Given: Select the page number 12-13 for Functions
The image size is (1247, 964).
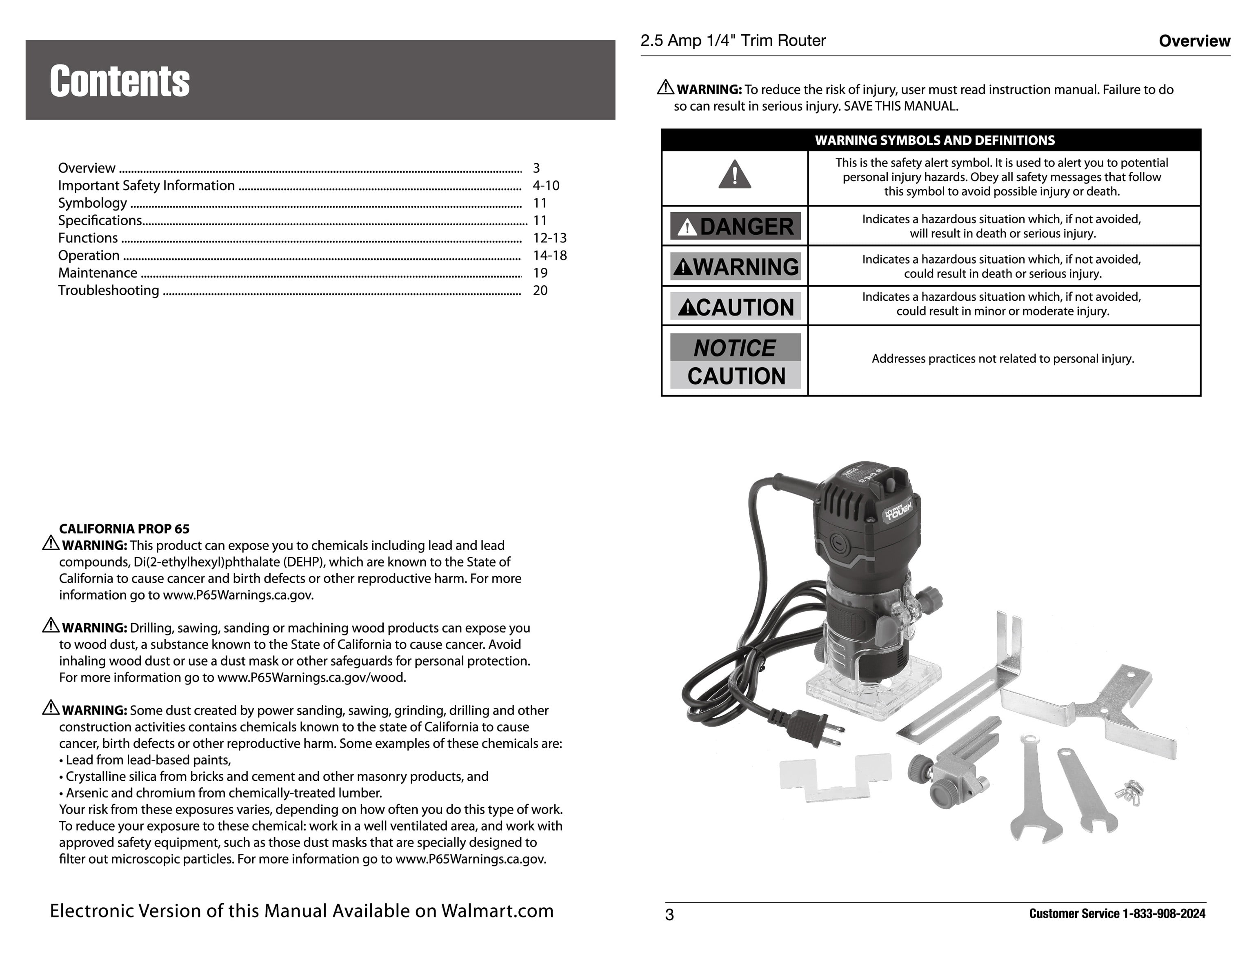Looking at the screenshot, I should pos(549,238).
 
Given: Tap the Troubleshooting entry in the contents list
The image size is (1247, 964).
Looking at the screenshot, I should pos(109,291).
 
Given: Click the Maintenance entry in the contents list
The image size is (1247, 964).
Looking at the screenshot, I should pos(98,273).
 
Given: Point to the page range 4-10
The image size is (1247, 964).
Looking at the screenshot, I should pos(546,185).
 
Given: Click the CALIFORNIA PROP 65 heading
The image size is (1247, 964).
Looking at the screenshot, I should pos(124,529).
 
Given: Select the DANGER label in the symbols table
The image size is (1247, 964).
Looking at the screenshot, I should pos(736,226).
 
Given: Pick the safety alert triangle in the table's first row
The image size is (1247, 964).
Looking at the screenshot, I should pos(734,175).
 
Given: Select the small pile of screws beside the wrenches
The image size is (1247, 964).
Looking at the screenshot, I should pos(1130,792).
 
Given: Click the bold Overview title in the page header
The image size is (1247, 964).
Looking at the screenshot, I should pos(1194,41).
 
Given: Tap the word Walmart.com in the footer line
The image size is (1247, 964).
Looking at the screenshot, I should pos(497,911).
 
